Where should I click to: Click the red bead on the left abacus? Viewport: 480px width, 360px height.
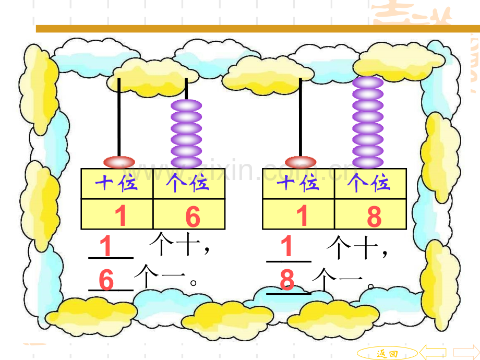pyautogui.click(x=119, y=162)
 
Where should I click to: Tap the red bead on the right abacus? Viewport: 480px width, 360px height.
pyautogui.click(x=301, y=162)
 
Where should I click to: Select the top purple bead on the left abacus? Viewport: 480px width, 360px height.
pyautogui.click(x=186, y=105)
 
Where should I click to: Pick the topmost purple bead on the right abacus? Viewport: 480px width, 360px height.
pyautogui.click(x=368, y=82)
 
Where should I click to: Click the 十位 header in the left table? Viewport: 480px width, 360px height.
pyautogui.click(x=116, y=183)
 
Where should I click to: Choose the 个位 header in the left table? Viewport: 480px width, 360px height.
pyautogui.click(x=187, y=183)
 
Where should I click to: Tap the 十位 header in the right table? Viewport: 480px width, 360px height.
pyautogui.click(x=298, y=183)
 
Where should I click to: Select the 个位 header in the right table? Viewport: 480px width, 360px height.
pyautogui.click(x=369, y=183)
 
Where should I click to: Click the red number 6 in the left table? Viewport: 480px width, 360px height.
pyautogui.click(x=193, y=217)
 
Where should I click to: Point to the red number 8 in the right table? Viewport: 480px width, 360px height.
pyautogui.click(x=374, y=217)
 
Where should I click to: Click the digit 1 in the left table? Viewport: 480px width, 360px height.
pyautogui.click(x=121, y=216)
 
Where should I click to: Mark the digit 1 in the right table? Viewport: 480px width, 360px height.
pyautogui.click(x=302, y=216)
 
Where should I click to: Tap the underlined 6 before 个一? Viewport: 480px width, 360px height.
pyautogui.click(x=106, y=280)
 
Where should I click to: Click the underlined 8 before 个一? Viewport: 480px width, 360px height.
pyautogui.click(x=287, y=280)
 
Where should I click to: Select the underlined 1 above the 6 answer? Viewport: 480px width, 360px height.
pyautogui.click(x=105, y=246)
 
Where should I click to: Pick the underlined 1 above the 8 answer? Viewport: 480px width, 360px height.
pyautogui.click(x=286, y=246)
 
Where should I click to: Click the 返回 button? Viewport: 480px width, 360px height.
pyautogui.click(x=387, y=353)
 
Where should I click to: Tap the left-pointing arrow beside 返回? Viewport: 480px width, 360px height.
pyautogui.click(x=433, y=352)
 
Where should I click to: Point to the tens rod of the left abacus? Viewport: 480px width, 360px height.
pyautogui.click(x=119, y=117)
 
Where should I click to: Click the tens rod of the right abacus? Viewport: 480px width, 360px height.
pyautogui.click(x=301, y=117)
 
